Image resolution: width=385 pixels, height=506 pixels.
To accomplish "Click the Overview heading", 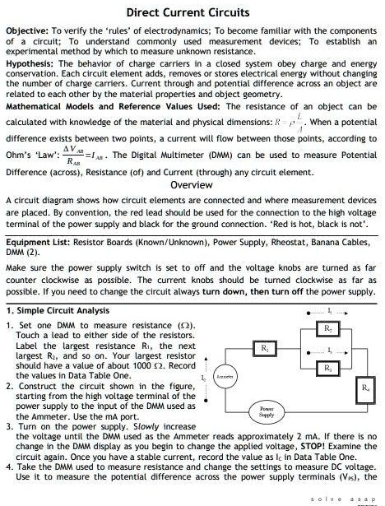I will (192, 185).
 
